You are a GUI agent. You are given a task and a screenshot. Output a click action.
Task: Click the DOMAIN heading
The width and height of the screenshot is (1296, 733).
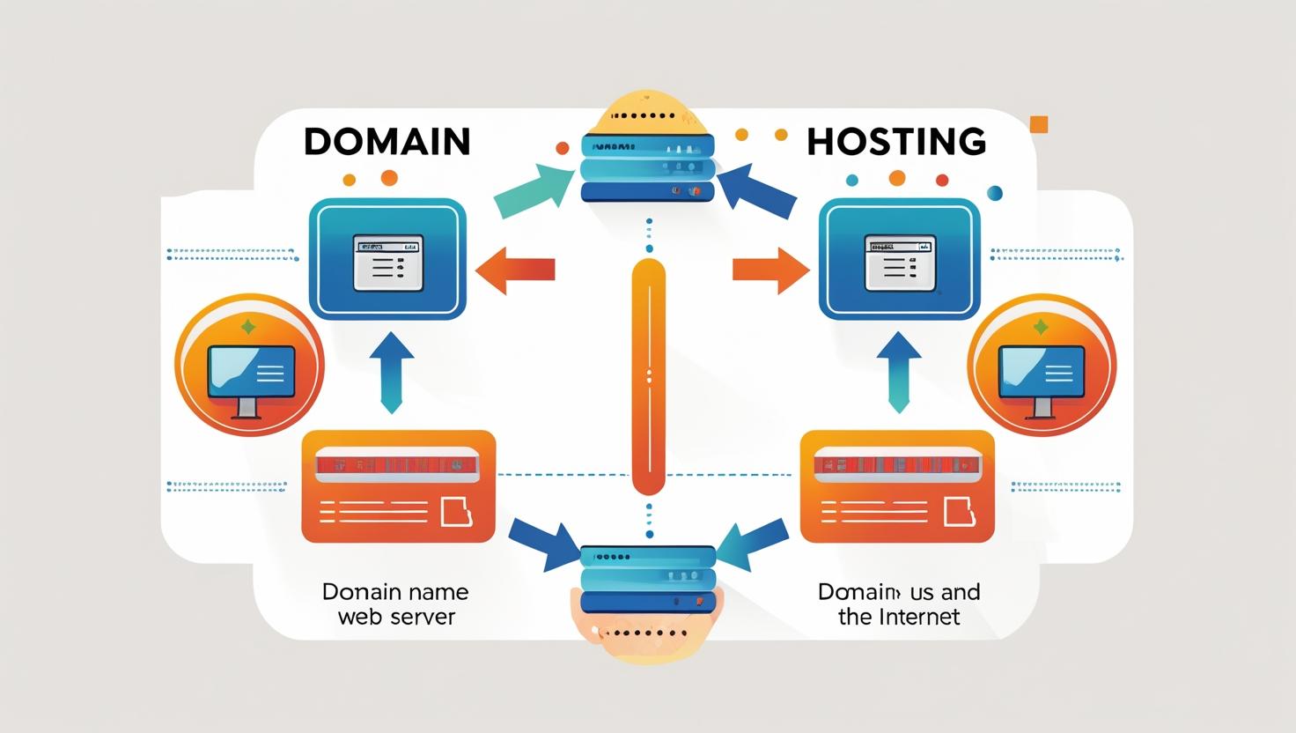pyautogui.click(x=387, y=142)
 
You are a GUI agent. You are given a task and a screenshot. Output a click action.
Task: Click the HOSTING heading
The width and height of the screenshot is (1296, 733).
pyautogui.click(x=895, y=142)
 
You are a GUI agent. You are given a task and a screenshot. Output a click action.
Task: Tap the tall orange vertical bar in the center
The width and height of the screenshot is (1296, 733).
pyautogui.click(x=649, y=377)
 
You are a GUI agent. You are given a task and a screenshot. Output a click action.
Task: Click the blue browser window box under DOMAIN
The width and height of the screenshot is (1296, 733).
pyautogui.click(x=387, y=258)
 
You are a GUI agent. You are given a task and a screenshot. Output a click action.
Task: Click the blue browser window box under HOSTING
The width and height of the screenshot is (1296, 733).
pyautogui.click(x=899, y=258)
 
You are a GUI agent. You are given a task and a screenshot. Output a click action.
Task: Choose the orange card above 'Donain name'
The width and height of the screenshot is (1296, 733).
pyautogui.click(x=398, y=486)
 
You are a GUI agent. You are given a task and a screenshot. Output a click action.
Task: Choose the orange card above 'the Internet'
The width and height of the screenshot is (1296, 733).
pyautogui.click(x=896, y=486)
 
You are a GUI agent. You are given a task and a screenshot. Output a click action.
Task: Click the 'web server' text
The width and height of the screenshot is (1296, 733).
pyautogui.click(x=396, y=617)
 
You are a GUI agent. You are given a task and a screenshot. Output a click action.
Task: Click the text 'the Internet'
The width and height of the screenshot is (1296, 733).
pyautogui.click(x=899, y=617)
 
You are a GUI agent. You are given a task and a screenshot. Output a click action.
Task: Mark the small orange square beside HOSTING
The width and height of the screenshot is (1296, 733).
pyautogui.click(x=1039, y=124)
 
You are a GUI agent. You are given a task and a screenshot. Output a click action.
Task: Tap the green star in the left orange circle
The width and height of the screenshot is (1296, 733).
pyautogui.click(x=248, y=327)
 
